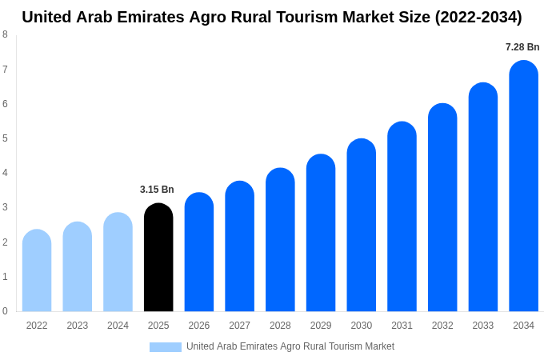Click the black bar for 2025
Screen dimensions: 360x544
pyautogui.click(x=158, y=258)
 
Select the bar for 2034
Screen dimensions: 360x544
pyautogui.click(x=523, y=186)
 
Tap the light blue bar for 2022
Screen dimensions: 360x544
pyautogui.click(x=37, y=270)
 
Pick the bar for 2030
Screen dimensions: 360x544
pyautogui.click(x=361, y=225)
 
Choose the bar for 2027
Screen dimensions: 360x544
pyautogui.click(x=239, y=246)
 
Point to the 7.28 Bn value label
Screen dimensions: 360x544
pyautogui.click(x=522, y=47)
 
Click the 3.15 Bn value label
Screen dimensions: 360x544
pyautogui.click(x=157, y=190)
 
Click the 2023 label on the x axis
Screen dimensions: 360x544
pyautogui.click(x=78, y=326)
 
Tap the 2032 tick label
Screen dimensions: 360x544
pyautogui.click(x=442, y=326)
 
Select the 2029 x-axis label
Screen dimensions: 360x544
pyautogui.click(x=321, y=326)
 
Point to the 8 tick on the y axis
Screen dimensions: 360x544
pyautogui.click(x=5, y=34)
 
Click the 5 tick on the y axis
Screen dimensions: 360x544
pyautogui.click(x=5, y=138)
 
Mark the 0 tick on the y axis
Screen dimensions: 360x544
pyautogui.click(x=5, y=311)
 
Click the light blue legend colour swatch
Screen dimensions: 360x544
pyautogui.click(x=165, y=346)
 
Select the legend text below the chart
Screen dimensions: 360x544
pyautogui.click(x=290, y=346)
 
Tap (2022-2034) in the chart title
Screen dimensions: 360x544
pyautogui.click(x=478, y=17)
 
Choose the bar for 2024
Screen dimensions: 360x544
pyautogui.click(x=118, y=262)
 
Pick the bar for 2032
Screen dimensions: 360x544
pyautogui.click(x=442, y=207)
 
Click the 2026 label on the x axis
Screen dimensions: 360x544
pyautogui.click(x=199, y=326)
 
